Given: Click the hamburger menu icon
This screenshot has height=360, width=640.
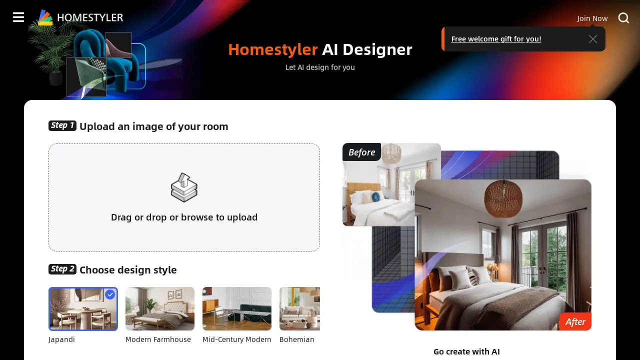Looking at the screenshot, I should [x=18, y=17].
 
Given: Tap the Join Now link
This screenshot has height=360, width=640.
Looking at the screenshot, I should [x=592, y=18].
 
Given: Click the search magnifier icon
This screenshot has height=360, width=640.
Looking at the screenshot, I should [x=623, y=18].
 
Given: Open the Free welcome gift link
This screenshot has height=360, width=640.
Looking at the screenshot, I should [x=496, y=39].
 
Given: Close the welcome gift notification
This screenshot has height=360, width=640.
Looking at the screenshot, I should [x=593, y=39].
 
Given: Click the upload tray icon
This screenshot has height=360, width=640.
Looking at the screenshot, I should [x=184, y=187].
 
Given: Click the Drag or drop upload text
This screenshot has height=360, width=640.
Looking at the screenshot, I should [x=184, y=217].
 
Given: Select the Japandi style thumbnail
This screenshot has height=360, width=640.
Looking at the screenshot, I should [x=83, y=308].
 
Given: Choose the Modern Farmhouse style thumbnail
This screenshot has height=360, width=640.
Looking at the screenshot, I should [x=160, y=308].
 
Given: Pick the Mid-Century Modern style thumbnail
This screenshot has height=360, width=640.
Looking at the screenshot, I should [x=237, y=308].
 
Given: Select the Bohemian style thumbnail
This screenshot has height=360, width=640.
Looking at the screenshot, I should [x=299, y=308].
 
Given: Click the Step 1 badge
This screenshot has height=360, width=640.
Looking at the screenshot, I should [x=62, y=125].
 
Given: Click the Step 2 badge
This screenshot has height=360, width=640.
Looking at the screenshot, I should [x=62, y=269].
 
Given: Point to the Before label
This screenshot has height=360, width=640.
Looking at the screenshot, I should [x=361, y=152].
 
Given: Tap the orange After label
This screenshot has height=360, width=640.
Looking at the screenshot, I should [x=575, y=322].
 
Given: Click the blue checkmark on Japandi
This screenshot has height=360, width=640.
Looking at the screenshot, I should [x=110, y=294].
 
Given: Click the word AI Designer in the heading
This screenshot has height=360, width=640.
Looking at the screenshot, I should [x=367, y=49].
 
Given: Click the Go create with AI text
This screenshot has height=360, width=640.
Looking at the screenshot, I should [x=466, y=351].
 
